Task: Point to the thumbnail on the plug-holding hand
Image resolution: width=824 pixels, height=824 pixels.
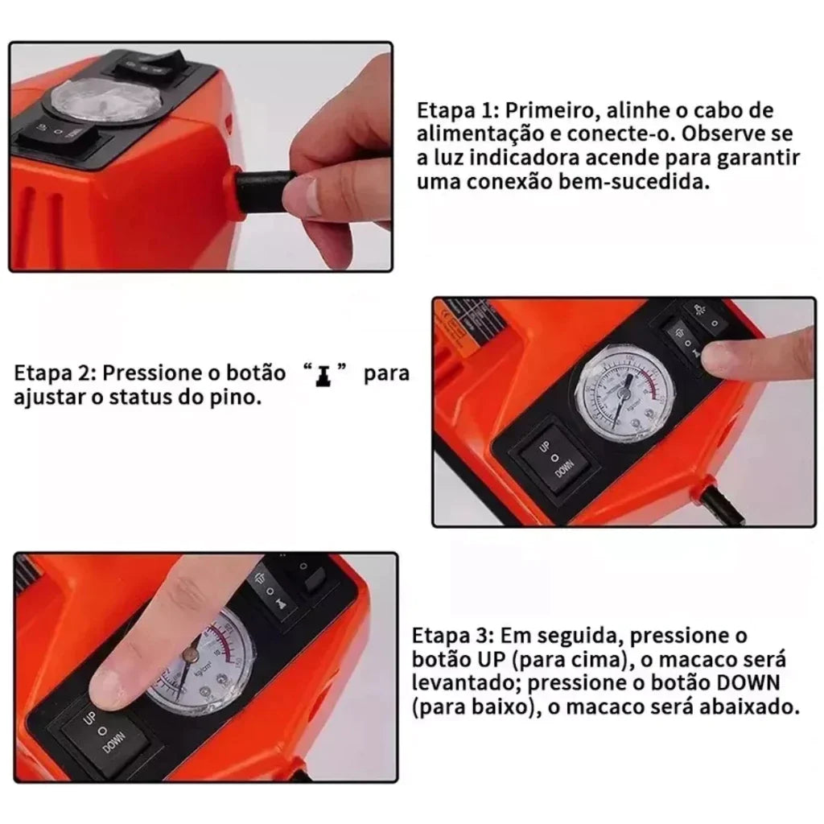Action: click(303, 195)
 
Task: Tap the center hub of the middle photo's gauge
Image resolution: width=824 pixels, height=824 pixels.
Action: click(624, 391)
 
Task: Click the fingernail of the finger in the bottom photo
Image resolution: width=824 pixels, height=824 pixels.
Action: click(107, 690)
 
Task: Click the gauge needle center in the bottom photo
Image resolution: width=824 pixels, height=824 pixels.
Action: click(190, 654)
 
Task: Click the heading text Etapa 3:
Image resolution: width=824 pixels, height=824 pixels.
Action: click(453, 636)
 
